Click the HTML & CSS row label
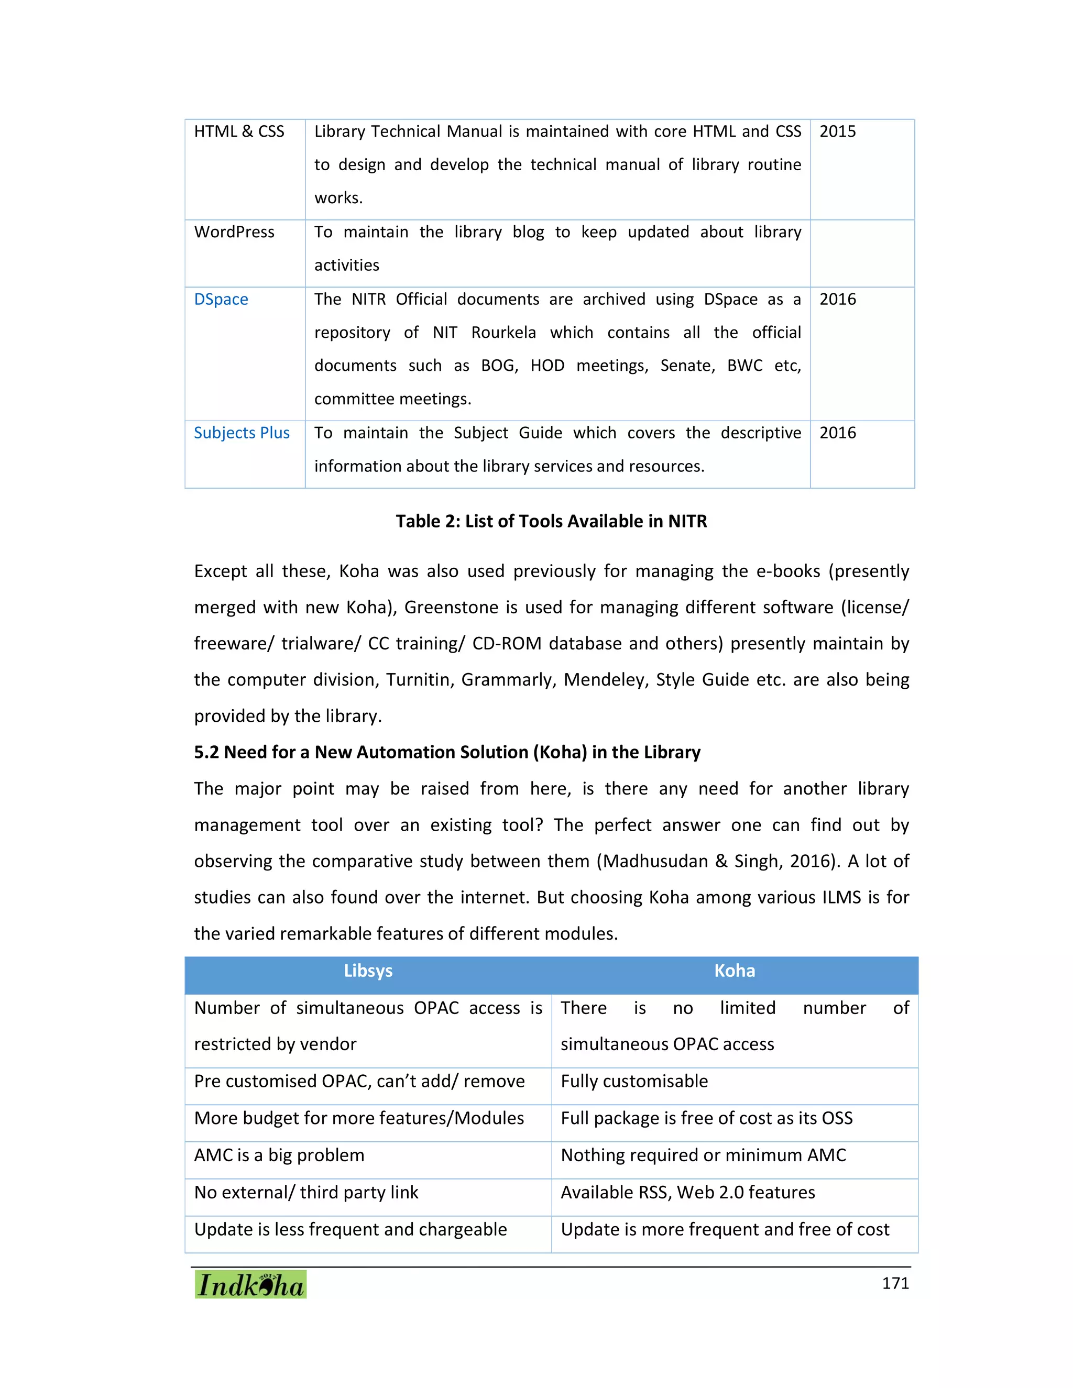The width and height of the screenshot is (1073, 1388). [239, 131]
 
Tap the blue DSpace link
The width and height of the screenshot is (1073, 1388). [221, 299]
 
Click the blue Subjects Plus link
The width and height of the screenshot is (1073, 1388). [242, 433]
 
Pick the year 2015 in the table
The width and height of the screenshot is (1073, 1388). [837, 131]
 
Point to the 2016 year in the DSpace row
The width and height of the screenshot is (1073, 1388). [837, 299]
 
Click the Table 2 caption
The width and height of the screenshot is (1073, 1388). [551, 521]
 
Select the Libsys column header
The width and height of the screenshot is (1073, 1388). [367, 971]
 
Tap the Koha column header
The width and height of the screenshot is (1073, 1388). [734, 971]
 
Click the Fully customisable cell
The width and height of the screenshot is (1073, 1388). [634, 1081]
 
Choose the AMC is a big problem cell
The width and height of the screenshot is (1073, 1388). [279, 1155]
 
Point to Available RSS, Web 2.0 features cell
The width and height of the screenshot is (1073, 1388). [687, 1192]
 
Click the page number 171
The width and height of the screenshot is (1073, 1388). [895, 1283]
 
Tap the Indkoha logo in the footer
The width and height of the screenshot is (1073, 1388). [250, 1284]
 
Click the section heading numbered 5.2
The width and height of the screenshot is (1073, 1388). [447, 753]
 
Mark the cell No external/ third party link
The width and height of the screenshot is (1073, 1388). [306, 1192]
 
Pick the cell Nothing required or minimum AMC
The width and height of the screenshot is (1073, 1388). [703, 1155]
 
